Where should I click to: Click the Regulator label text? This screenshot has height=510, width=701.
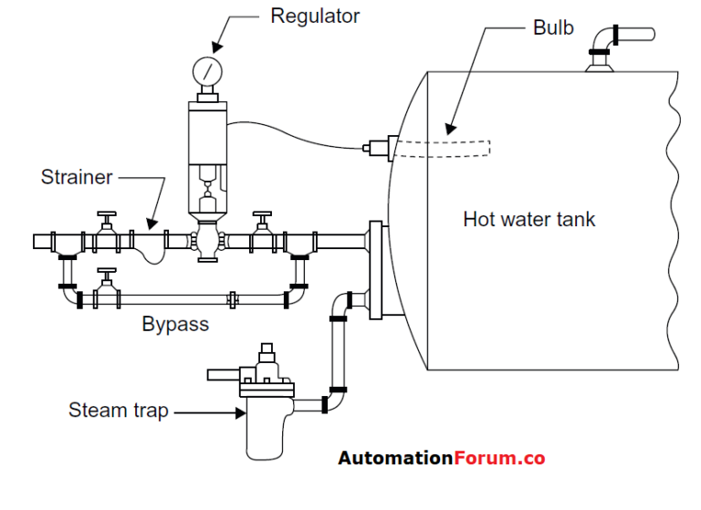(x=314, y=16)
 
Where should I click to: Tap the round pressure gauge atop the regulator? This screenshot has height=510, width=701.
(x=207, y=72)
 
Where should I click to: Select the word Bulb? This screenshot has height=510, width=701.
(x=552, y=27)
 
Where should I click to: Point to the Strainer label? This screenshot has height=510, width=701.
(x=78, y=177)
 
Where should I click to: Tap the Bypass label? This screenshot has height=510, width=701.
(x=175, y=324)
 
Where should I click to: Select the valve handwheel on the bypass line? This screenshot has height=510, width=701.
(x=108, y=273)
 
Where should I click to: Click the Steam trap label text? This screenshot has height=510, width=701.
(x=118, y=411)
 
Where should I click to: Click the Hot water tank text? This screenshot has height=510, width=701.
(x=528, y=219)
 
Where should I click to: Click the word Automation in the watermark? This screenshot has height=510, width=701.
(x=395, y=458)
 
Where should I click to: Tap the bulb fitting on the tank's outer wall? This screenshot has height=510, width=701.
(x=377, y=145)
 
